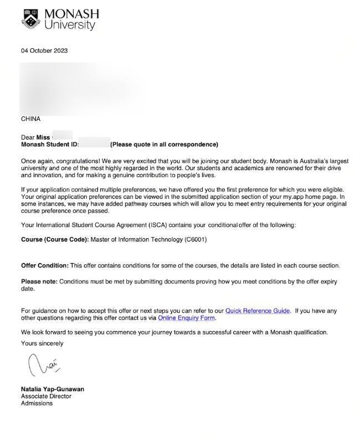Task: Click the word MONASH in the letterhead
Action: point(71,14)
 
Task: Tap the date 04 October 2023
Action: point(44,51)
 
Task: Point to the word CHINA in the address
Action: point(30,119)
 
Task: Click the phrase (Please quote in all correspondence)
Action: point(164,145)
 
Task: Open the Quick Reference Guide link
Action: point(258,311)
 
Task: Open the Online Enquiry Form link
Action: point(186,318)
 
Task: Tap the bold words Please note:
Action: point(39,282)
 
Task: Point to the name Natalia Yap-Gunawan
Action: point(53,389)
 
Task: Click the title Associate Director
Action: point(46,397)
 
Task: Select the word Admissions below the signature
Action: point(37,403)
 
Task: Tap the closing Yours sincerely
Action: point(42,343)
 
